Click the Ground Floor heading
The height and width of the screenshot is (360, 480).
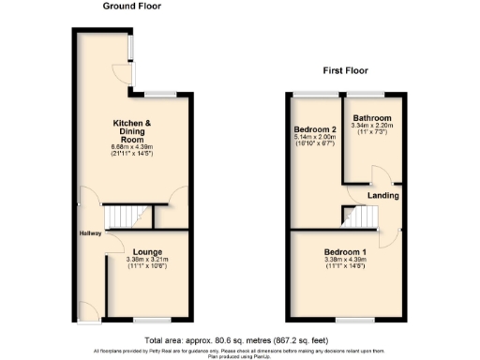[131, 6]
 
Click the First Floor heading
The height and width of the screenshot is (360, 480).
[346, 70]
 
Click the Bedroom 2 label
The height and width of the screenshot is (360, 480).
[314, 129]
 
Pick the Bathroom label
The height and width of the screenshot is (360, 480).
[368, 118]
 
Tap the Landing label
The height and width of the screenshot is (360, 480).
[384, 196]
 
